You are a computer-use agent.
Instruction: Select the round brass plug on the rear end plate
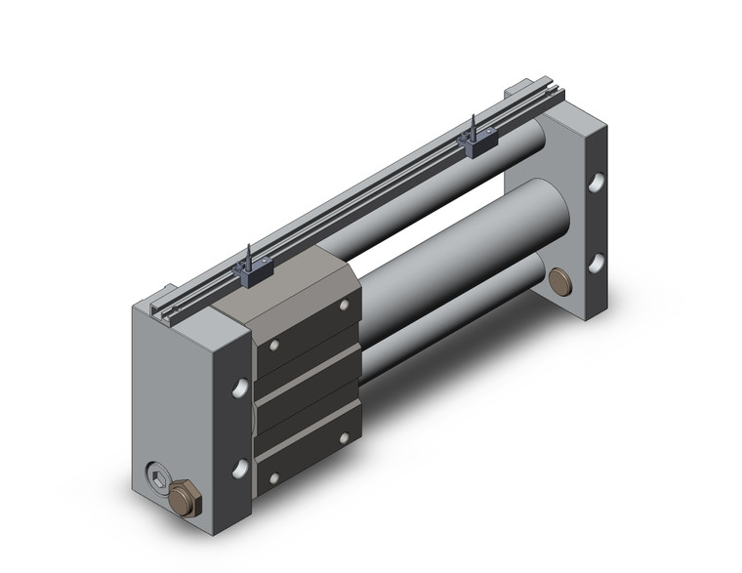[560, 282]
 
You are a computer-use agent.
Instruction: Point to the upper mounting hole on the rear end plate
[595, 184]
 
